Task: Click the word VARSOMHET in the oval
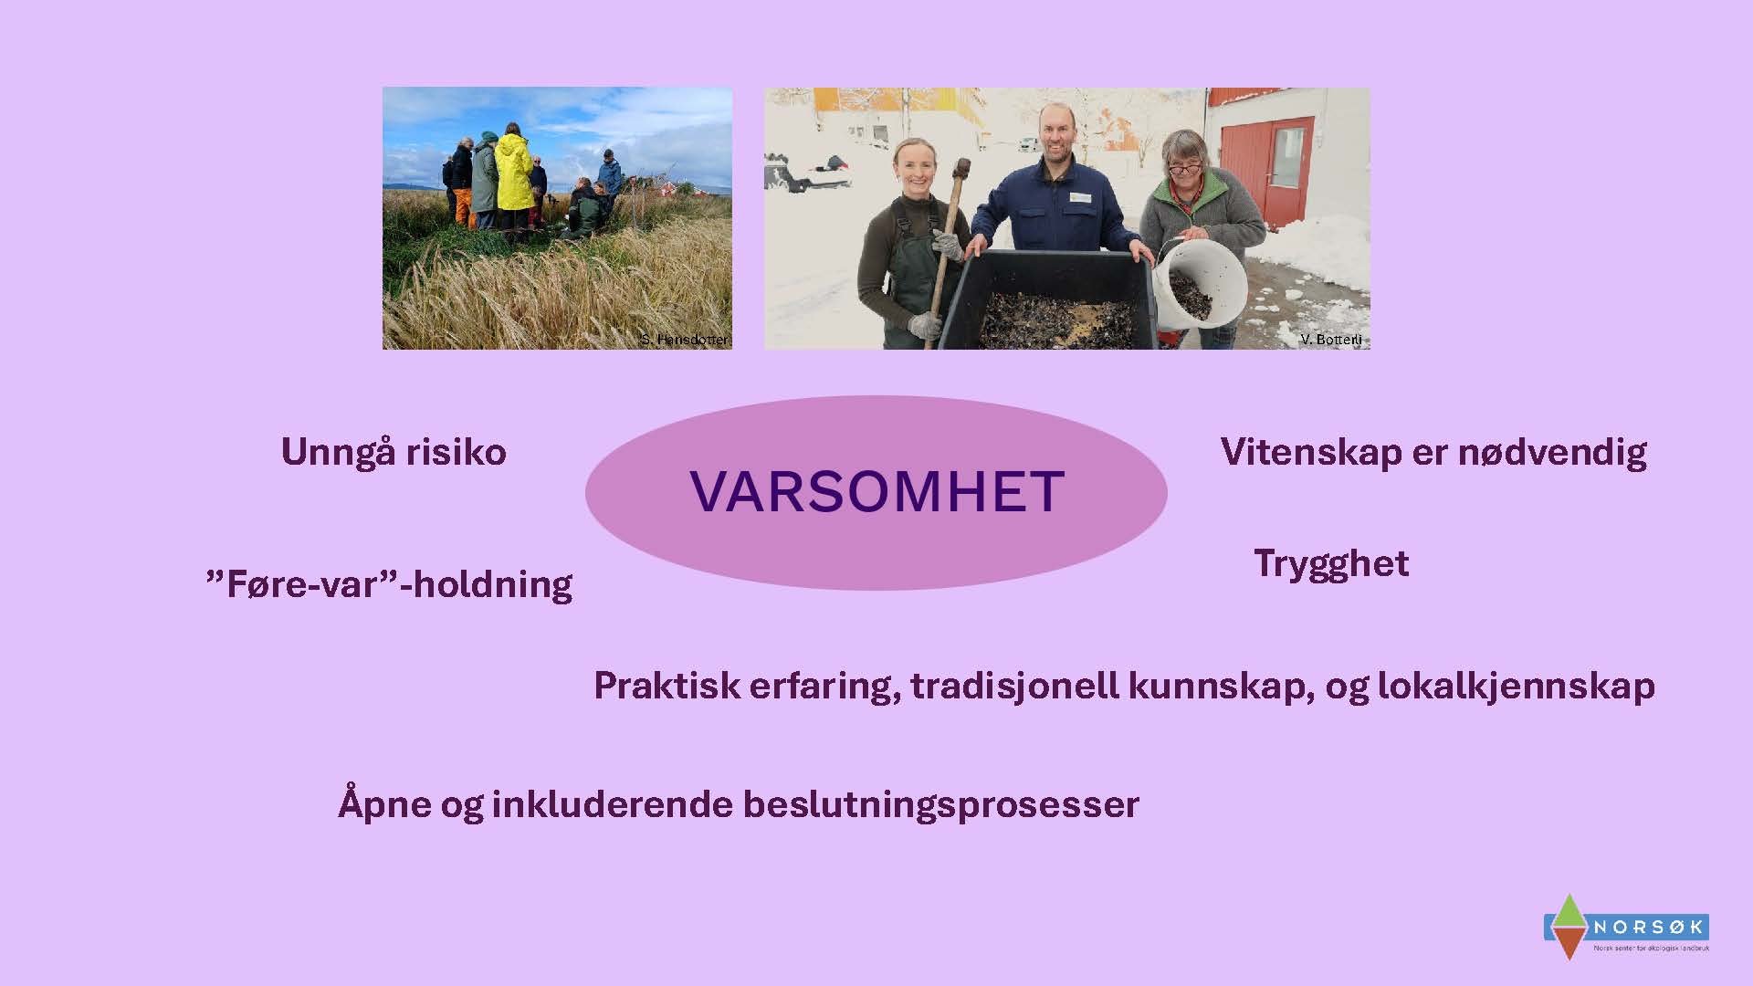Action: click(x=876, y=491)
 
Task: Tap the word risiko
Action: click(x=456, y=452)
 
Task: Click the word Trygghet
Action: click(x=1330, y=563)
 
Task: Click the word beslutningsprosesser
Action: click(x=940, y=804)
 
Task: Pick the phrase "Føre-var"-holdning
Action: click(x=390, y=584)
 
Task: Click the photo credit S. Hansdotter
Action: click(x=684, y=340)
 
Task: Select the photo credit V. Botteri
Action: click(x=1330, y=340)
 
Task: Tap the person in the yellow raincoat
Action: click(x=513, y=173)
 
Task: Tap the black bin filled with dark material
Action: click(x=1050, y=301)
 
